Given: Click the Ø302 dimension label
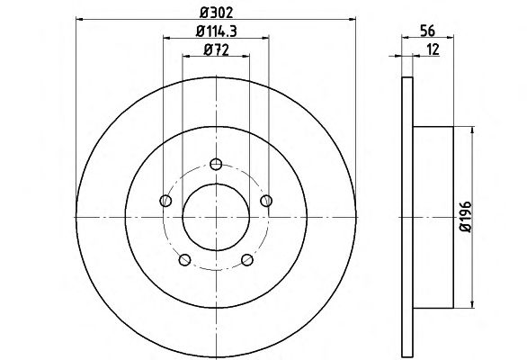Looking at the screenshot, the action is [216, 13].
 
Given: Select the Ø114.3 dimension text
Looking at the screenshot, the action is [217, 31].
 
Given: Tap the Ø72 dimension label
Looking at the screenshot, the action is [216, 50].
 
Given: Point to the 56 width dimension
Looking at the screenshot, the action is [427, 31].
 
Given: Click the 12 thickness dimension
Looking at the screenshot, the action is [433, 49].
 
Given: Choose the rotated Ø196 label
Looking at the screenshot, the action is [466, 217].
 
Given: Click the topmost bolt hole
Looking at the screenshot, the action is [216, 164].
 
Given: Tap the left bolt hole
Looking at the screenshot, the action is [165, 201].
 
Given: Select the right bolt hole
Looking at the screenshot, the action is [266, 201].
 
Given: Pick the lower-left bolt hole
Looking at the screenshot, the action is [185, 260].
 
